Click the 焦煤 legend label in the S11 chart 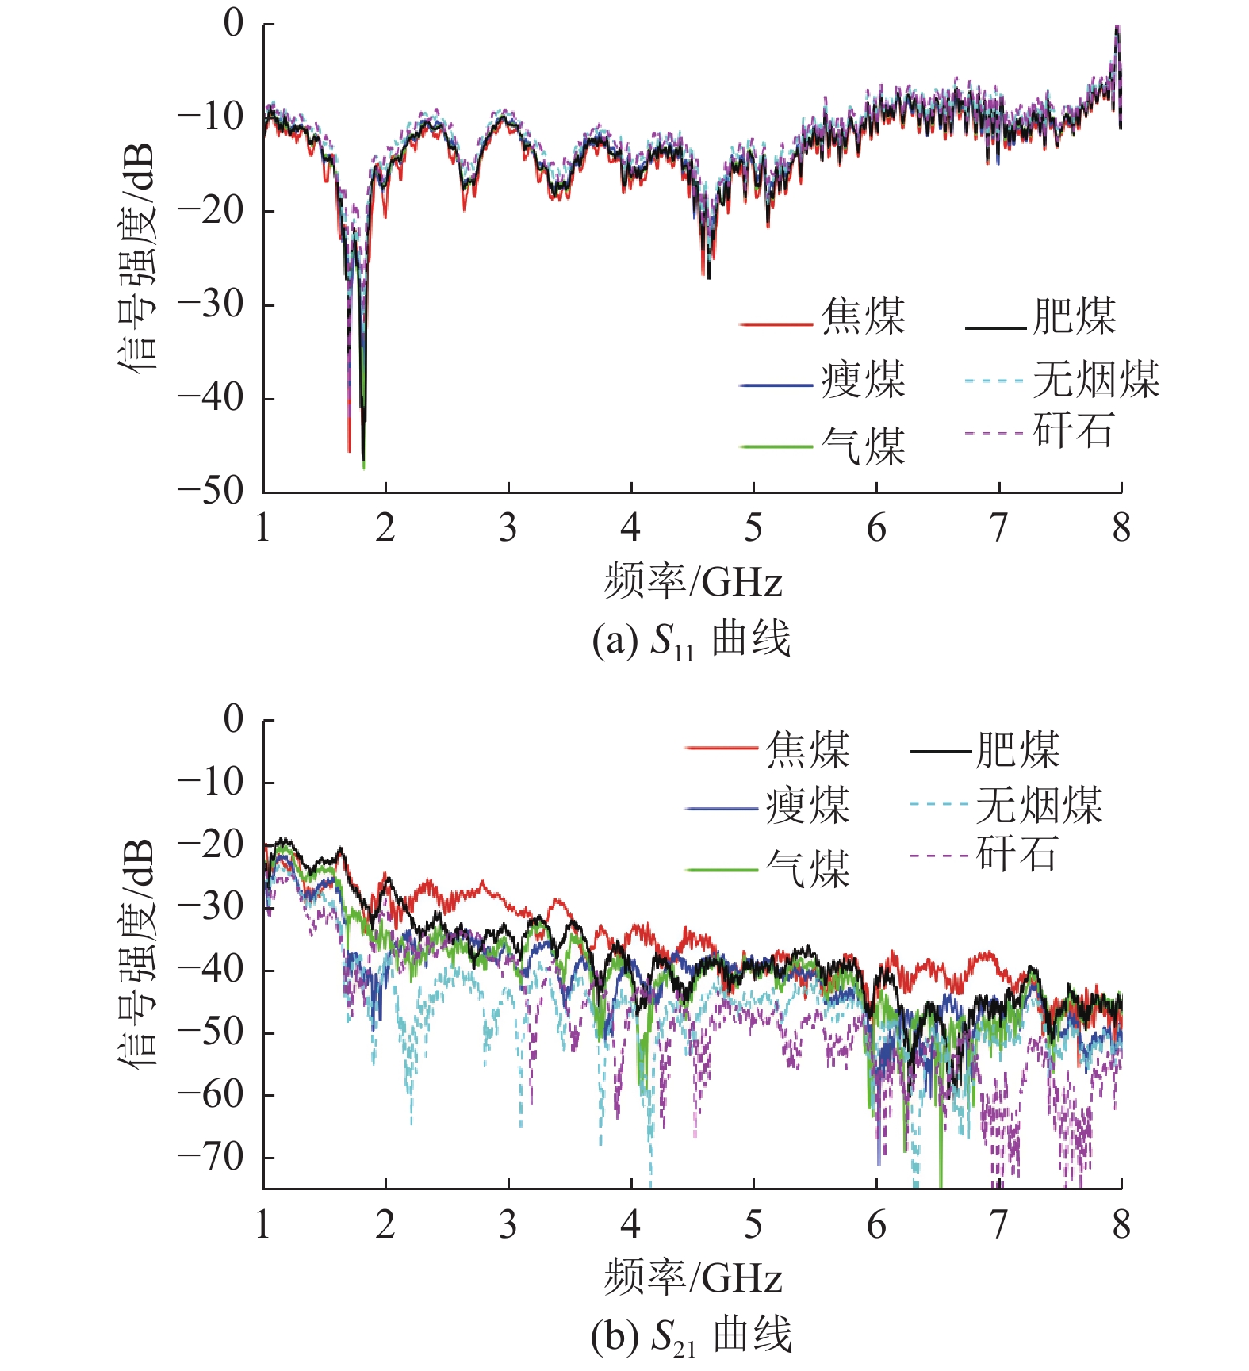[x=863, y=316]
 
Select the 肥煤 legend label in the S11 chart [x=1075, y=316]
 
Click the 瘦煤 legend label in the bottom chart [x=807, y=806]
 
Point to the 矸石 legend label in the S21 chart [x=1017, y=854]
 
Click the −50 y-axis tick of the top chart [x=211, y=492]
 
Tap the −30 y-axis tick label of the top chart [x=211, y=304]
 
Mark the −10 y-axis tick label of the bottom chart [x=211, y=783]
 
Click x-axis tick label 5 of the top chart [x=753, y=528]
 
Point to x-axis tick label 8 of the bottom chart [x=1121, y=1224]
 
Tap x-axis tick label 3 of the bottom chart [x=508, y=1224]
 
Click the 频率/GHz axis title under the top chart [x=693, y=582]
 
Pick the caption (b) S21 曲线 [x=692, y=1335]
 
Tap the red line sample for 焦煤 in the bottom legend [x=721, y=748]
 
